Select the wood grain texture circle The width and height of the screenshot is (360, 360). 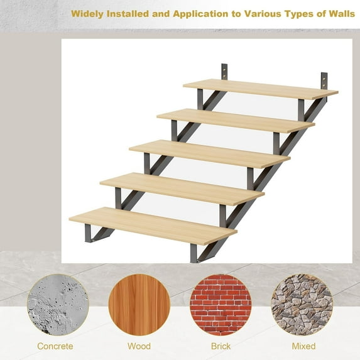click(139, 305)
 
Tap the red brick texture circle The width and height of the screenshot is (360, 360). click(221, 305)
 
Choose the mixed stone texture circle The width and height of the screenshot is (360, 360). click(302, 305)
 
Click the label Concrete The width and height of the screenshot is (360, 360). click(55, 346)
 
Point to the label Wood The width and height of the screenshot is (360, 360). click(139, 346)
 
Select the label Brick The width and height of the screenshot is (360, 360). click(221, 346)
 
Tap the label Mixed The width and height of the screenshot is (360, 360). click(303, 346)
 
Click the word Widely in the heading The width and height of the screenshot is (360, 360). click(89, 13)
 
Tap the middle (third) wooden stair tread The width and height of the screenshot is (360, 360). click(209, 153)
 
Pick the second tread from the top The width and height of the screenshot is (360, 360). click(236, 120)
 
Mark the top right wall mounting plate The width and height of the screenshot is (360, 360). click(323, 80)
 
